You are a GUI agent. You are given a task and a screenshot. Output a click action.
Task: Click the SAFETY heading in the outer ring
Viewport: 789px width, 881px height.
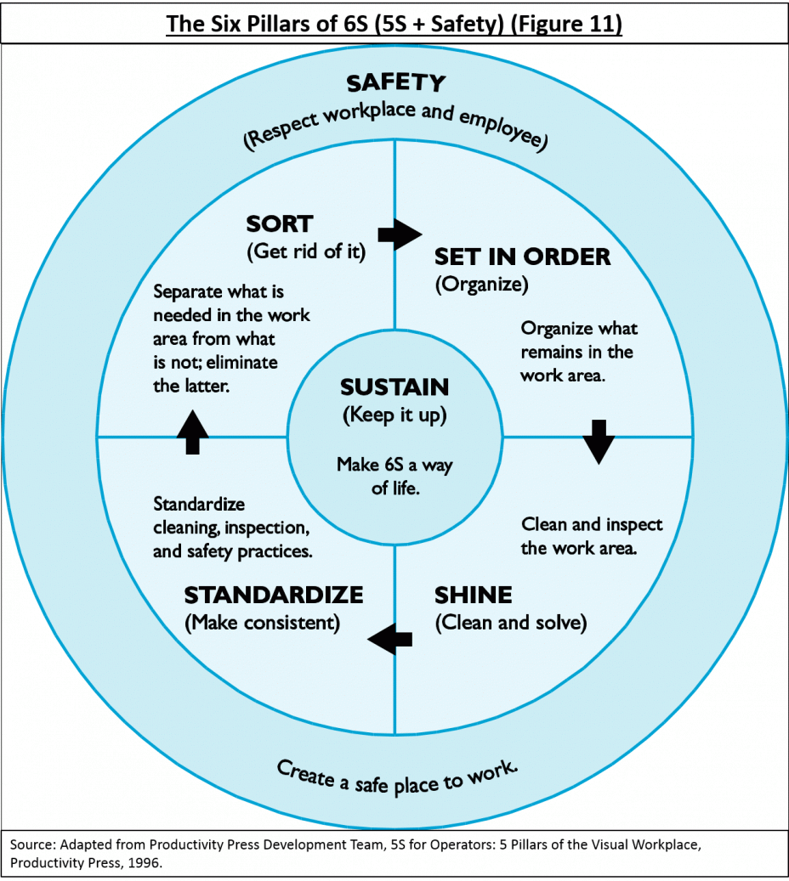click(396, 83)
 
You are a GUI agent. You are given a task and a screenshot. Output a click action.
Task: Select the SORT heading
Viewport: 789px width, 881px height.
click(280, 224)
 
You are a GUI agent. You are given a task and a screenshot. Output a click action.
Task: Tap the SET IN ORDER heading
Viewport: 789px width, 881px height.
click(522, 257)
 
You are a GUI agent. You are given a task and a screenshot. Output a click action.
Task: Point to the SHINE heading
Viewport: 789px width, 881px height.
click(473, 595)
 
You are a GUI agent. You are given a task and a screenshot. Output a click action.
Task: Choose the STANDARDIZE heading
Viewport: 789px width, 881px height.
click(274, 595)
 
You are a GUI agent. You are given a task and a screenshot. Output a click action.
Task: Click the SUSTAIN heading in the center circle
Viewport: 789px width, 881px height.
click(394, 387)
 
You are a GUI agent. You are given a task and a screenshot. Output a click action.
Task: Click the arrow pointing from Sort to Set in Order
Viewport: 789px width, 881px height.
click(400, 234)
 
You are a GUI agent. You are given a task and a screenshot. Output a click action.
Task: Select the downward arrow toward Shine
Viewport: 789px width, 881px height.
click(599, 442)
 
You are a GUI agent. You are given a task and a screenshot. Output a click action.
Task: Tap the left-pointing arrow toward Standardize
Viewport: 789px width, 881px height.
click(389, 639)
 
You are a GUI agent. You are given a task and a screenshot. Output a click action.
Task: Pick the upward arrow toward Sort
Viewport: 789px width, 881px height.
click(193, 432)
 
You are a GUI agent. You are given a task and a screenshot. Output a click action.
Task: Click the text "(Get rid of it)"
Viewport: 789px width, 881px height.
click(306, 251)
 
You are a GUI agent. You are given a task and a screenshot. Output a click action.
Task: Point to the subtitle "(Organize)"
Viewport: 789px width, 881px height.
click(481, 285)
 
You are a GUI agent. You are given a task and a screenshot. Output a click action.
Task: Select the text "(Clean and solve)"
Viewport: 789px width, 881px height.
click(511, 623)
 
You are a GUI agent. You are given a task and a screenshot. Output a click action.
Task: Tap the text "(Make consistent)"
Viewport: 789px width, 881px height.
click(262, 623)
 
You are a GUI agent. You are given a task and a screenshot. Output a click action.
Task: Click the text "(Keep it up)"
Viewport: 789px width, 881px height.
click(394, 415)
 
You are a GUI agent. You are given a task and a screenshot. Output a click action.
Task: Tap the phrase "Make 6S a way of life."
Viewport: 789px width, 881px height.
click(394, 477)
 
